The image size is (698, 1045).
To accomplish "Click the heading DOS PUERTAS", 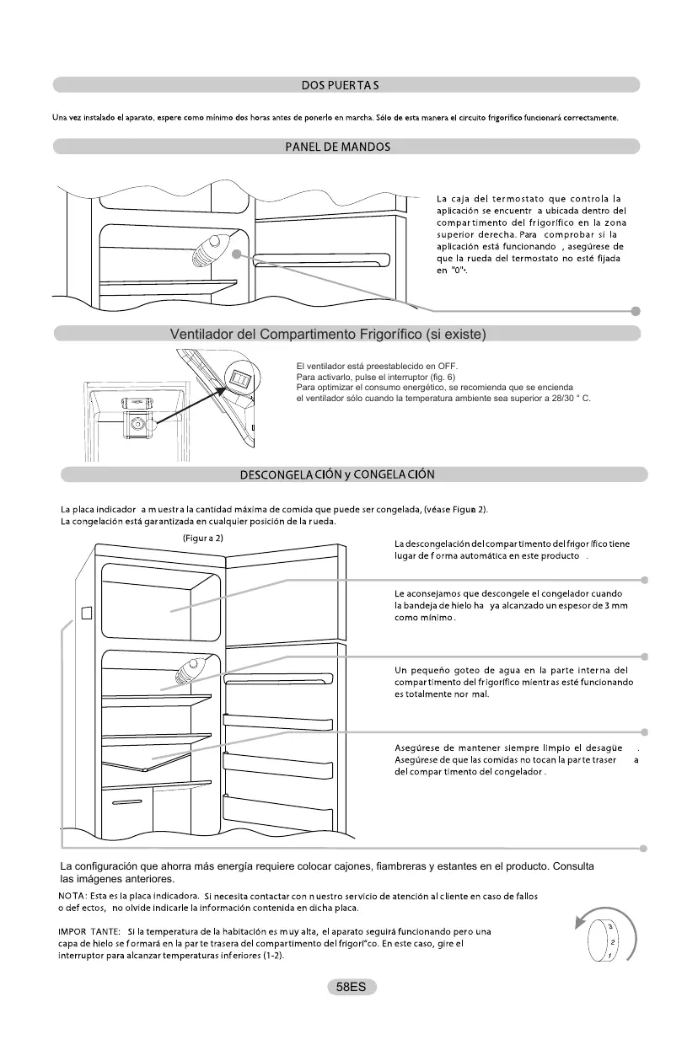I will click(340, 85).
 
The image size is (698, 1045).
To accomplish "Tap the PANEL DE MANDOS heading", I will click(337, 147).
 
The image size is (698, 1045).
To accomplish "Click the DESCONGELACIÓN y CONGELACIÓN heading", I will click(337, 474).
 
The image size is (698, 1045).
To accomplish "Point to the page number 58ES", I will click(350, 987).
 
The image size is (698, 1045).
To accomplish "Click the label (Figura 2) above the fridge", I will click(202, 537).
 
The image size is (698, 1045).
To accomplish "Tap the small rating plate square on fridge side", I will click(85, 613).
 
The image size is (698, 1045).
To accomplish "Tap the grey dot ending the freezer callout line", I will click(644, 580).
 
